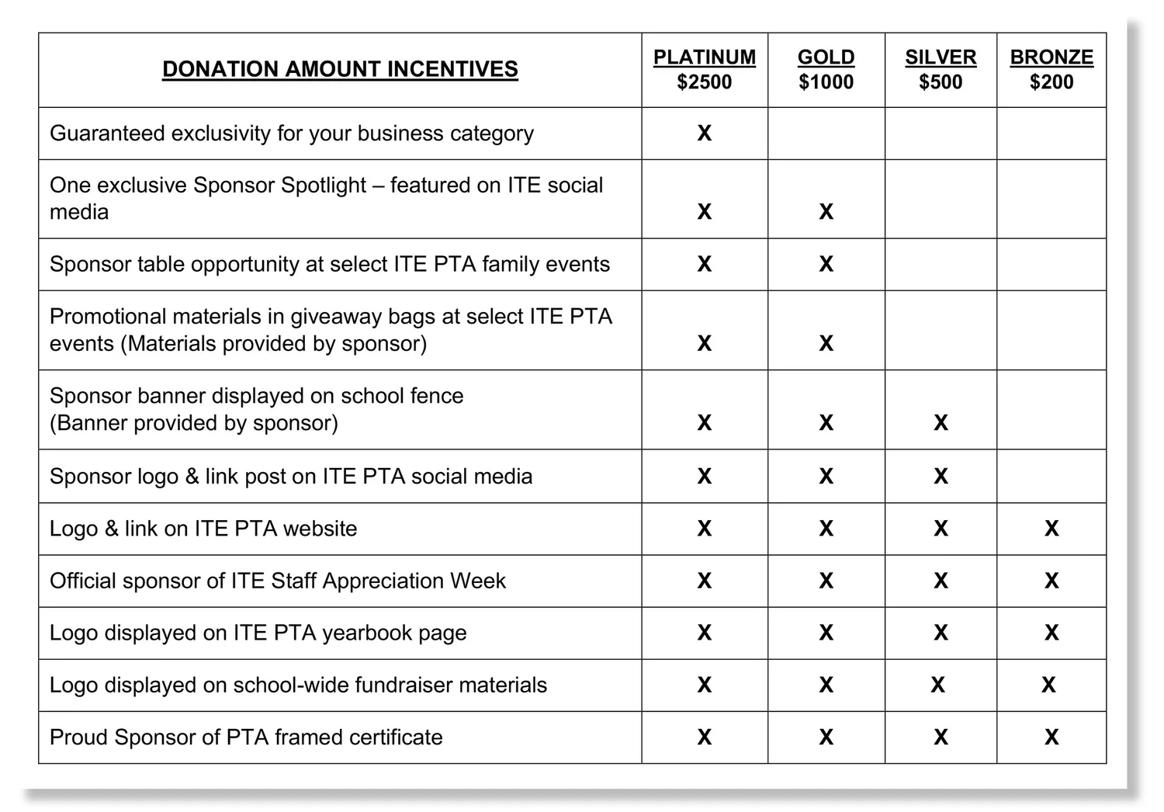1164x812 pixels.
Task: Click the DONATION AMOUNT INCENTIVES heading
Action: pyautogui.click(x=340, y=69)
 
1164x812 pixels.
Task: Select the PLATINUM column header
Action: pyautogui.click(x=704, y=57)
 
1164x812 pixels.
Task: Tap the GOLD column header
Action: pyautogui.click(x=826, y=57)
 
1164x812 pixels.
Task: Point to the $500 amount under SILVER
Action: pyautogui.click(x=941, y=82)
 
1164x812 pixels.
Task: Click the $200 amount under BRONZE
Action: pyautogui.click(x=1051, y=82)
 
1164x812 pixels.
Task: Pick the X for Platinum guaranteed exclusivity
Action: pyautogui.click(x=704, y=134)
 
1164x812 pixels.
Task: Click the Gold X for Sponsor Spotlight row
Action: pyautogui.click(x=826, y=212)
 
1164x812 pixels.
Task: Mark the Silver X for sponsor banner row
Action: pyautogui.click(x=941, y=423)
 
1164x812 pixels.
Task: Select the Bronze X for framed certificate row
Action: pyautogui.click(x=1051, y=737)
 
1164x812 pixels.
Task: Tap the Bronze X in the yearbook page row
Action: pyautogui.click(x=1051, y=633)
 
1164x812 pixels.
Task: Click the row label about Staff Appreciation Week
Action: pyautogui.click(x=277, y=581)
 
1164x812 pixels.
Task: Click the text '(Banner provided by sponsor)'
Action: pyautogui.click(x=194, y=423)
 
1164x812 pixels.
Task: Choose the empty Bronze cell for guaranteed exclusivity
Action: pyautogui.click(x=1051, y=134)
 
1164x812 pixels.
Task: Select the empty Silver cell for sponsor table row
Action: pyautogui.click(x=941, y=265)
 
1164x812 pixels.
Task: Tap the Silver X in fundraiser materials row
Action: pyautogui.click(x=937, y=685)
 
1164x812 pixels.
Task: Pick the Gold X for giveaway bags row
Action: pyautogui.click(x=826, y=344)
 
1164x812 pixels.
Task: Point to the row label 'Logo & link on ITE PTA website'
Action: pyautogui.click(x=203, y=529)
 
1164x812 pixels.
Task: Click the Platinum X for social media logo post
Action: pyautogui.click(x=704, y=477)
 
